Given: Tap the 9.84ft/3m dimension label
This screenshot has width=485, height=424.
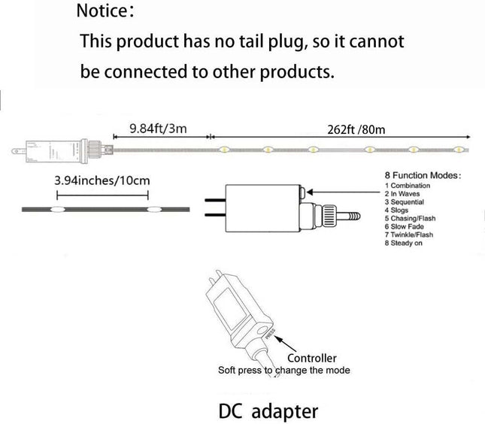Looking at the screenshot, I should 158,129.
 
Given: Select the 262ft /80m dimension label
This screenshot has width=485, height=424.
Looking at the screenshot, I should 356,129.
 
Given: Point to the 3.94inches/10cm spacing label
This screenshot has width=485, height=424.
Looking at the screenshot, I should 102,180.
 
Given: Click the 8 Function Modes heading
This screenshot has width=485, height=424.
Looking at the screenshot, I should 423,174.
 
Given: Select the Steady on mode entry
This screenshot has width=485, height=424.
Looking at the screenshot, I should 405,243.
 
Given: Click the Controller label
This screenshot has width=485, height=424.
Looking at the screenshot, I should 311,358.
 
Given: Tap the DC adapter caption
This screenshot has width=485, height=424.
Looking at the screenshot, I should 268,411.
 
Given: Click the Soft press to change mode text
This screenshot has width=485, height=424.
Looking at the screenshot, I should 283,371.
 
